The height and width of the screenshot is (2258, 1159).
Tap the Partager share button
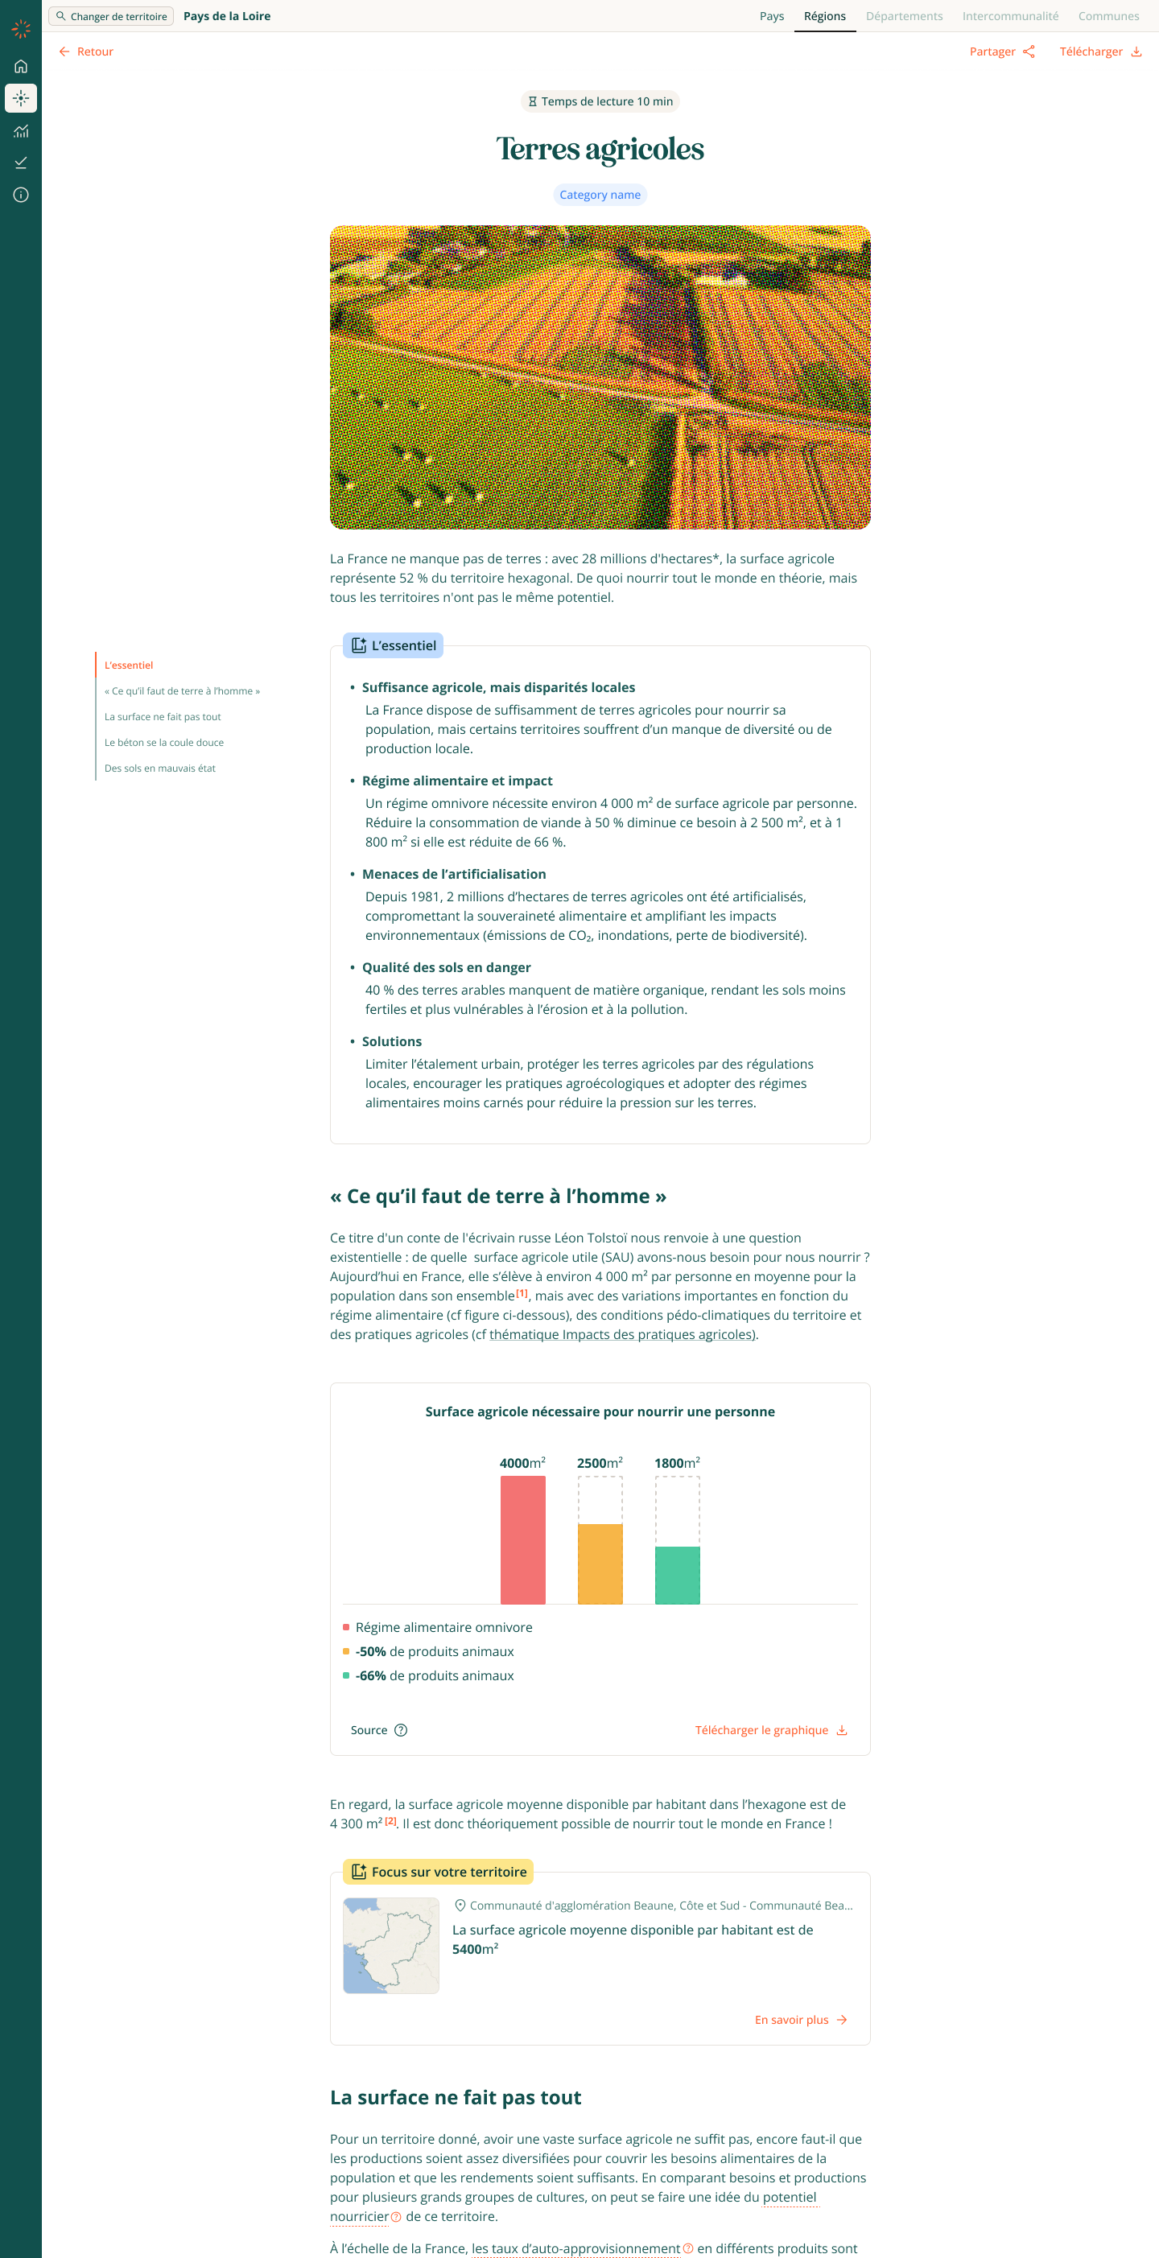tap(1001, 52)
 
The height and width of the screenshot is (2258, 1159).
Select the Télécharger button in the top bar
tap(1099, 52)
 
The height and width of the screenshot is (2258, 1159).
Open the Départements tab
tap(904, 16)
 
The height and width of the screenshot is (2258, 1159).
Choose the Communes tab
tap(1108, 16)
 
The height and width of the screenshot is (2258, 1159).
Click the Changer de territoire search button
tap(111, 16)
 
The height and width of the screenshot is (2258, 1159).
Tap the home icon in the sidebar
tap(21, 67)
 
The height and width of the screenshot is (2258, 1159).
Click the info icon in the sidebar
tap(21, 195)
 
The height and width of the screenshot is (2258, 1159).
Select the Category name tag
tap(600, 195)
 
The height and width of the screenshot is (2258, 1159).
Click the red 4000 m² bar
tap(522, 1539)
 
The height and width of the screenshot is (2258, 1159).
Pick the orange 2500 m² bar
tap(600, 1564)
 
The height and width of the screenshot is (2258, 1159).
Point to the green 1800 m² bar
tap(677, 1575)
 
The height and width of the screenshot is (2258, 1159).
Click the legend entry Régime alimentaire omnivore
tap(443, 1627)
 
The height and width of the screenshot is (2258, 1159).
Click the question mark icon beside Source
tap(401, 1729)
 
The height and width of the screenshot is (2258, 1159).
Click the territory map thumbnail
tap(391, 1945)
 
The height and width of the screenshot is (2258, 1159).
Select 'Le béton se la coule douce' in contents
tap(164, 743)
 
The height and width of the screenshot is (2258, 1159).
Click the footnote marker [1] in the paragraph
tap(522, 1293)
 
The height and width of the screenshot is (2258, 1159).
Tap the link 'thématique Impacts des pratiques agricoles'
tap(621, 1334)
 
